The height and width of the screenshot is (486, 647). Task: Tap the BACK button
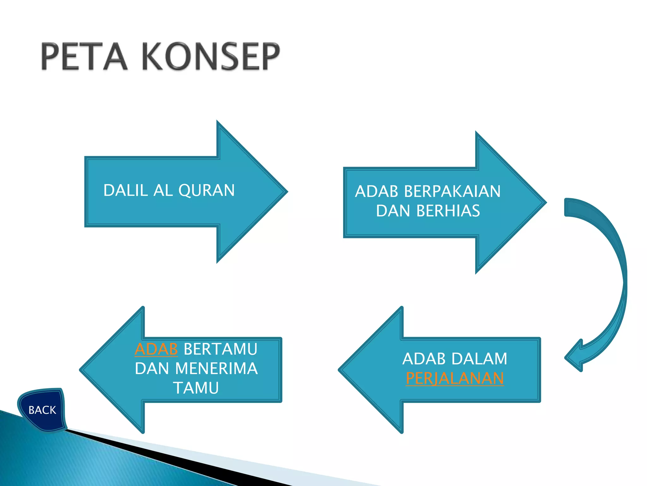(42, 410)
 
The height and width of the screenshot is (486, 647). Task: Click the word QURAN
(207, 190)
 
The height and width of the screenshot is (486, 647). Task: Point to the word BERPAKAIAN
(452, 191)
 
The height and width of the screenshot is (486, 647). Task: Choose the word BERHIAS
(448, 211)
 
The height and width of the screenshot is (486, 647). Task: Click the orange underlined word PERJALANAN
(455, 378)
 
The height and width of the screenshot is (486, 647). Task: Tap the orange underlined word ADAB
(156, 349)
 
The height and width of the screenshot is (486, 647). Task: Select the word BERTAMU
(221, 349)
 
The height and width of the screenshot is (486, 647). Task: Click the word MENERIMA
(216, 369)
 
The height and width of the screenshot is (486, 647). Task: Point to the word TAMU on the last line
(196, 388)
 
